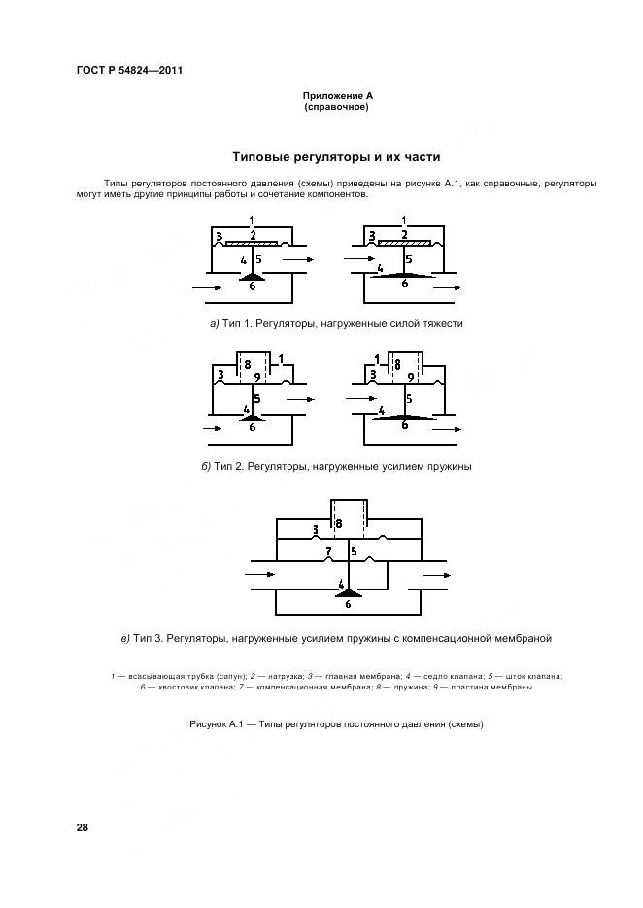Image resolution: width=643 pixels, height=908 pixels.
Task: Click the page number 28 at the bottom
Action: pyautogui.click(x=82, y=827)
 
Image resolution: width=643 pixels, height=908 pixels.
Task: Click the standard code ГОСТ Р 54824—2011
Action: pyautogui.click(x=129, y=71)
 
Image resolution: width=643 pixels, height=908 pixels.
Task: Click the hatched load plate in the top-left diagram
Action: pyautogui.click(x=253, y=243)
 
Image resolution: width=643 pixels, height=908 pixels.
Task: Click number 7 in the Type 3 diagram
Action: pyautogui.click(x=328, y=552)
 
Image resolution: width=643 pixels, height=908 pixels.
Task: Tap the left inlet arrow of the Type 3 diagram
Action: pyautogui.click(x=260, y=576)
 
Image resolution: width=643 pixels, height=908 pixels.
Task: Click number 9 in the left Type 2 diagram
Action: pyautogui.click(x=257, y=377)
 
